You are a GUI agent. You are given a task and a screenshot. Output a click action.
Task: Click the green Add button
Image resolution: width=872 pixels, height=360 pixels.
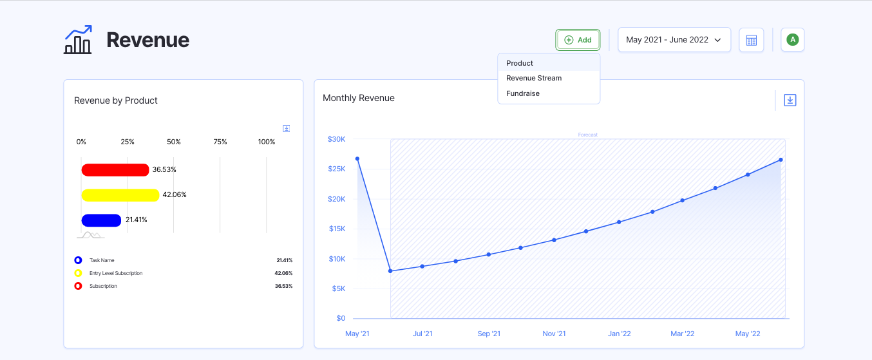[578, 40]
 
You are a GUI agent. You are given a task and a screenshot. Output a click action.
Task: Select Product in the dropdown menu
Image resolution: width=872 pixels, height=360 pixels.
[520, 63]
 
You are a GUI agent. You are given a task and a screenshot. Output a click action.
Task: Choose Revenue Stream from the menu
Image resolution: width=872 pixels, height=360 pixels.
[534, 78]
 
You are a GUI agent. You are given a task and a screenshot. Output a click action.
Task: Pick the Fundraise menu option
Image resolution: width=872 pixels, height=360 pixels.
[523, 93]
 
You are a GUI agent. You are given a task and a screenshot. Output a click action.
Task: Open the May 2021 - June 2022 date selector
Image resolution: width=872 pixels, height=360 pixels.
[674, 40]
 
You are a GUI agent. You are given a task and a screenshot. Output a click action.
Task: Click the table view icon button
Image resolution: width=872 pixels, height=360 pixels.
[751, 40]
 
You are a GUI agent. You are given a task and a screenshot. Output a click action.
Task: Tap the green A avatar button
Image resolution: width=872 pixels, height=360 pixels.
[793, 40]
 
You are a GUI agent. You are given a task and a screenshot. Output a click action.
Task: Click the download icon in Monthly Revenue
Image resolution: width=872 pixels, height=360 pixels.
[790, 100]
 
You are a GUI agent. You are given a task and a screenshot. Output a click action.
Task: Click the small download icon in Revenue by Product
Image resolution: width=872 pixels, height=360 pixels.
[287, 128]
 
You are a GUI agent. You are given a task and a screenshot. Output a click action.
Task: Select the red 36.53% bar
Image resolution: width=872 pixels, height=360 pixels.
[115, 170]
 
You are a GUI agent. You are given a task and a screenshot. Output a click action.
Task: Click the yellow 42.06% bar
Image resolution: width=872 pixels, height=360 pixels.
[120, 195]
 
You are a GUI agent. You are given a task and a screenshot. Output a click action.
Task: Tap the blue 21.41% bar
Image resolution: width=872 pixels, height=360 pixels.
[101, 220]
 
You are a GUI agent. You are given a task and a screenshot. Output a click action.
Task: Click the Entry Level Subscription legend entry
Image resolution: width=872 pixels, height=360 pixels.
[116, 273]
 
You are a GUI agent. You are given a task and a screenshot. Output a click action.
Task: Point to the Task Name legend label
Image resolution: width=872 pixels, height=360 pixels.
[102, 260]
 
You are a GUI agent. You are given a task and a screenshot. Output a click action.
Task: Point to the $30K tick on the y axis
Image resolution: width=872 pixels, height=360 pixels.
[336, 139]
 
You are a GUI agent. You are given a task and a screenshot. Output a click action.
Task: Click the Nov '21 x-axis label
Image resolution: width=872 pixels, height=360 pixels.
[554, 334]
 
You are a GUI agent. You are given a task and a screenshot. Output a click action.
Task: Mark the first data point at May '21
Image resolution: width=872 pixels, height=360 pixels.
[357, 158]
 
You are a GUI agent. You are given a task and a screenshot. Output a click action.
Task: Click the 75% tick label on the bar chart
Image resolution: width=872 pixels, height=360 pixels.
[220, 142]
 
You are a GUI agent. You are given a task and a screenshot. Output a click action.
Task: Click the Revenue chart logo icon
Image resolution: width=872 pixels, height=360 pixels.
[78, 40]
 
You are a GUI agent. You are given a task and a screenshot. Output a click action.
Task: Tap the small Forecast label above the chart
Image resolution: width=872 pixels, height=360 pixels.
[587, 135]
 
